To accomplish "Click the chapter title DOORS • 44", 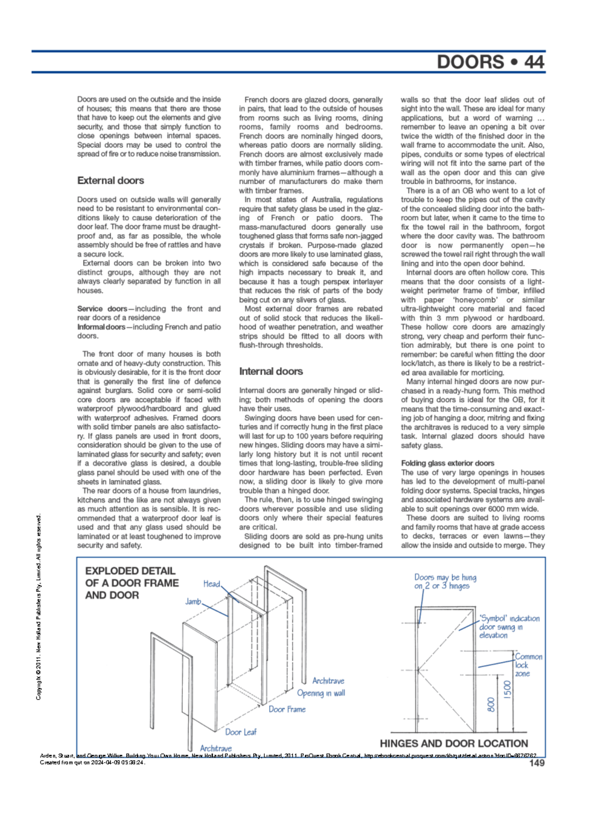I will tap(490, 62).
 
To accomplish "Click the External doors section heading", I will tap(110, 181).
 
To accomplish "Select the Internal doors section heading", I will tap(271, 372).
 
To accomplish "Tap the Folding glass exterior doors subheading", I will tap(447, 463).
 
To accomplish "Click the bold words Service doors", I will tap(102, 309).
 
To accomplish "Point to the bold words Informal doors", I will tap(101, 327).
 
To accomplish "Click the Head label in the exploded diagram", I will tap(211, 584).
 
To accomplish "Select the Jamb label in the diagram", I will tap(193, 602).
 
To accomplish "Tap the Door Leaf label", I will tap(241, 732).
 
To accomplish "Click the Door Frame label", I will tap(287, 709).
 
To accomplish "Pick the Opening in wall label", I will tap(321, 693).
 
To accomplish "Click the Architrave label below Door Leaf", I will tap(216, 749).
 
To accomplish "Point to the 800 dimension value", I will tap(491, 704).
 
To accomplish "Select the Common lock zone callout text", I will tap(528, 665).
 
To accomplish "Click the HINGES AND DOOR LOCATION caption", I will tap(453, 744).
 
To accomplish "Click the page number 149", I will tap(536, 763).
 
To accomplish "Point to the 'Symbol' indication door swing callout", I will tap(508, 627).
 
